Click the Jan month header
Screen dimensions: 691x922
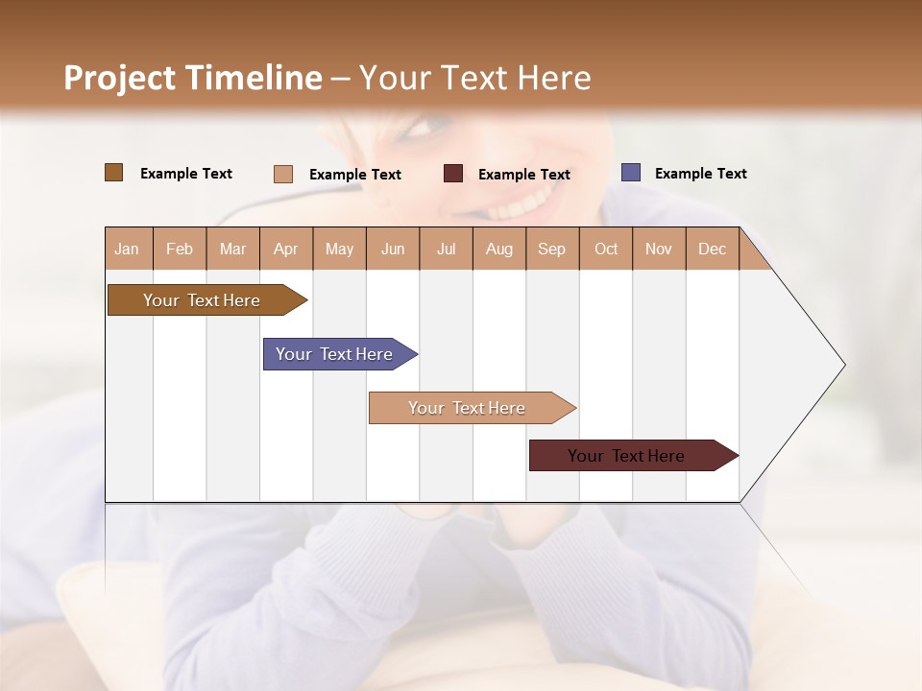coord(128,249)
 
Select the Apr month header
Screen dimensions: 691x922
coord(285,249)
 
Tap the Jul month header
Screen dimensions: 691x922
coord(446,249)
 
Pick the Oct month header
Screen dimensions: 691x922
coord(606,249)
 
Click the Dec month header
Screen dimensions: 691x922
coord(712,249)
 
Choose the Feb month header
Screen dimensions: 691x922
coord(180,249)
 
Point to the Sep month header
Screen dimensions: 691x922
coord(551,249)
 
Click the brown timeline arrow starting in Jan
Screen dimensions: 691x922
coord(202,300)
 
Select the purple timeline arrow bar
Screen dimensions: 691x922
coord(334,354)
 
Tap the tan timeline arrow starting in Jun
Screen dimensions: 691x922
coord(467,408)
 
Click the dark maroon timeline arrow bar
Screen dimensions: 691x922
coord(626,456)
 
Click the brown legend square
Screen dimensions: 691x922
coord(113,173)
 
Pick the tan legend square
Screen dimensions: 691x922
coord(282,174)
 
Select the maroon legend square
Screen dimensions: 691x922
coord(453,174)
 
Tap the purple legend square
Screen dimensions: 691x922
coord(631,173)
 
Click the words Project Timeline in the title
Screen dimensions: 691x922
coord(192,78)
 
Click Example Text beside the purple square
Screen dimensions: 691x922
coord(700,174)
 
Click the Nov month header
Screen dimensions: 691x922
coord(659,249)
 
